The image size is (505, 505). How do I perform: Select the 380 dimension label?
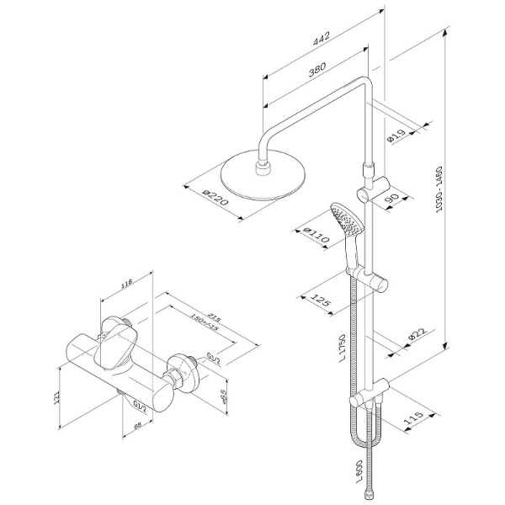click(x=317, y=73)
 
